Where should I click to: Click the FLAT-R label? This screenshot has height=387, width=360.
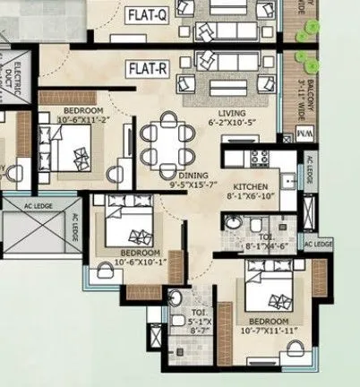pos(149,69)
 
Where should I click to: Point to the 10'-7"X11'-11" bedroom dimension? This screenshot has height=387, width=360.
pos(269,330)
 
